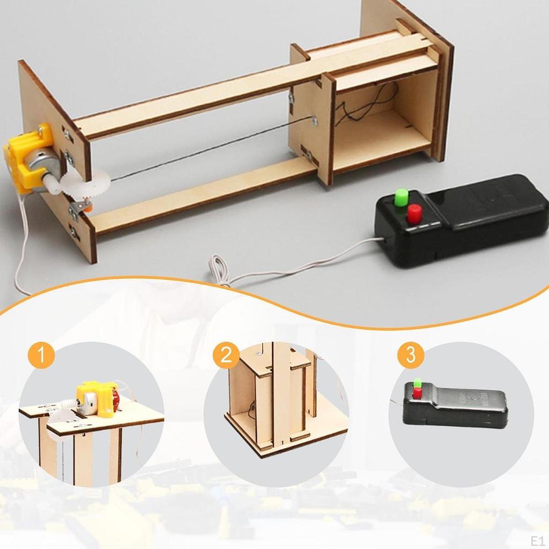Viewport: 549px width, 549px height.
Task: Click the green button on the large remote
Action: pyautogui.click(x=400, y=197)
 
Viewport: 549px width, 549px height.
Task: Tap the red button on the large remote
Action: pyautogui.click(x=414, y=214)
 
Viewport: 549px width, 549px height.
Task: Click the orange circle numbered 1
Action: pyautogui.click(x=41, y=355)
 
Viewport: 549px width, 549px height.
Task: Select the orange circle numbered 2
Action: pyautogui.click(x=226, y=355)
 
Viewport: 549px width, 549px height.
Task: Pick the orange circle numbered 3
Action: pyautogui.click(x=411, y=355)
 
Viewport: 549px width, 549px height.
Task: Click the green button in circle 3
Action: pyautogui.click(x=418, y=383)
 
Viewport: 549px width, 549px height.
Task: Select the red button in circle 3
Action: pyautogui.click(x=417, y=394)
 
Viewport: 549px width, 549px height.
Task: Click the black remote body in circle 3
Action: pyautogui.click(x=461, y=407)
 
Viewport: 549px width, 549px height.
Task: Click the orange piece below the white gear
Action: pyautogui.click(x=84, y=206)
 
